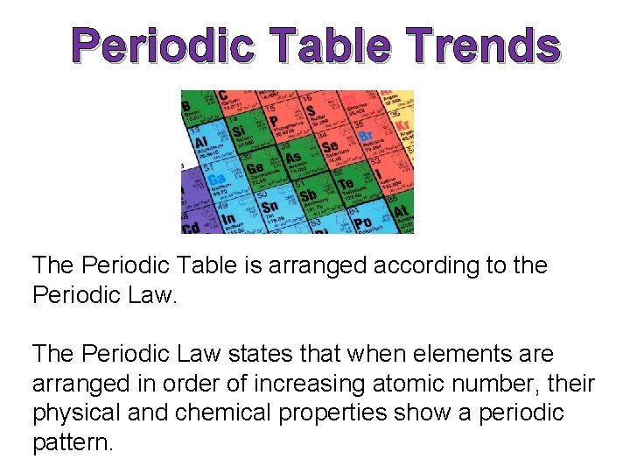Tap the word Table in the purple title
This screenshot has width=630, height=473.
click(332, 46)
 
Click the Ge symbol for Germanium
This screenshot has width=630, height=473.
click(255, 167)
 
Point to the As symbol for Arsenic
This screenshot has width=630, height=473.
click(295, 158)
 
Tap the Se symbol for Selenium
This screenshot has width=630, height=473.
click(330, 146)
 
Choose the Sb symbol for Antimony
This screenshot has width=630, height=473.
click(308, 195)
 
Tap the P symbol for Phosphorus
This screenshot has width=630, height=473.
click(273, 121)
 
